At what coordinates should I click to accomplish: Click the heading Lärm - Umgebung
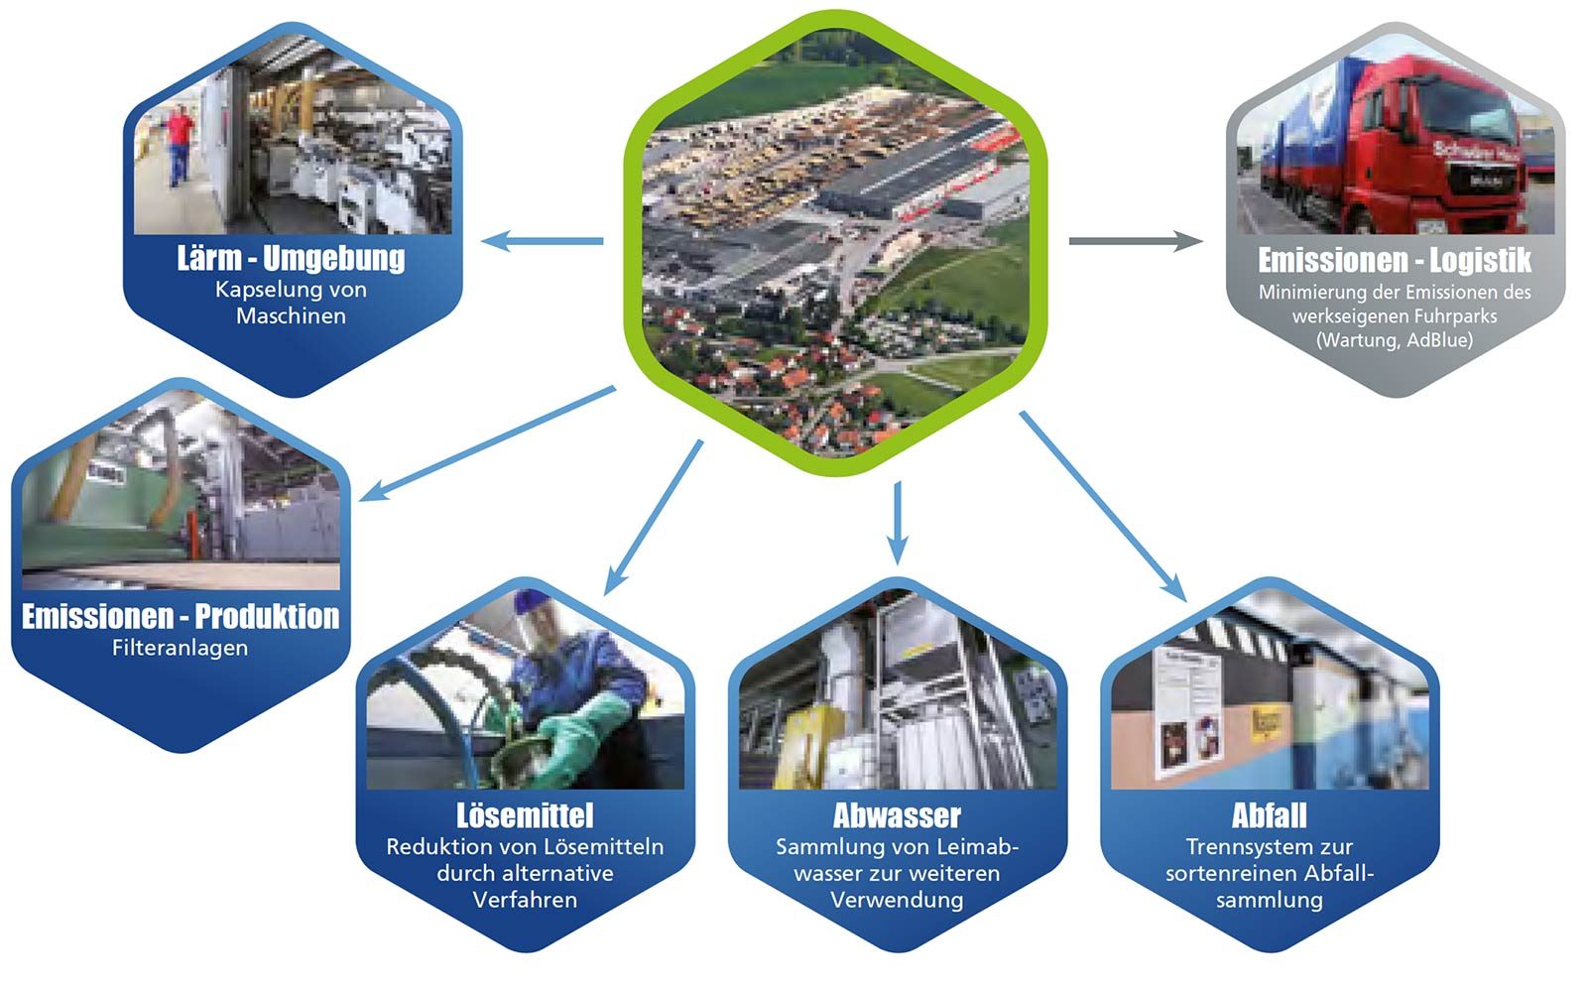[291, 258]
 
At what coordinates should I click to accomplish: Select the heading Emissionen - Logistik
[1394, 260]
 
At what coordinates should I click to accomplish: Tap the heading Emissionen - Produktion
[181, 616]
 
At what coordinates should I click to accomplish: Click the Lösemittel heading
[525, 815]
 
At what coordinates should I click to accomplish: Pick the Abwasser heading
[897, 815]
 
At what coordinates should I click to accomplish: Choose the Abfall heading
[1269, 815]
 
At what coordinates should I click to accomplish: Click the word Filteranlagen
[180, 648]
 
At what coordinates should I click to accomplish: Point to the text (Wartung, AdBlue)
[1394, 340]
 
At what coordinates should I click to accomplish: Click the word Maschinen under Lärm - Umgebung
[291, 315]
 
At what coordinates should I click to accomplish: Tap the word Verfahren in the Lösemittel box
[525, 900]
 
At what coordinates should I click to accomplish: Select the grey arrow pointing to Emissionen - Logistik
[1135, 240]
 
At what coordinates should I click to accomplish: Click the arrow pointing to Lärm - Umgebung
[544, 240]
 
